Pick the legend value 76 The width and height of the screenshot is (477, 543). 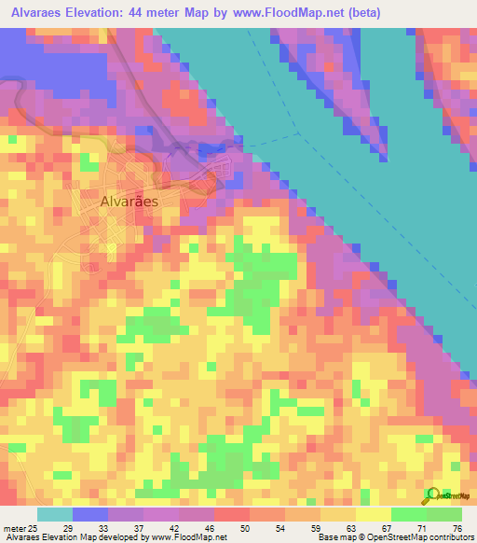[456, 527]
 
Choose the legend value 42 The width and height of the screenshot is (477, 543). [173, 527]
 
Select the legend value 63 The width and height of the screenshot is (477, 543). [349, 527]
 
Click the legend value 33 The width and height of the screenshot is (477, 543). [102, 527]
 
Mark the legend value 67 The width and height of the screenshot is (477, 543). [386, 527]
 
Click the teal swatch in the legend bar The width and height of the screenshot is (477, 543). [55, 514]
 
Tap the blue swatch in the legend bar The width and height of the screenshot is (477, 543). [90, 514]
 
